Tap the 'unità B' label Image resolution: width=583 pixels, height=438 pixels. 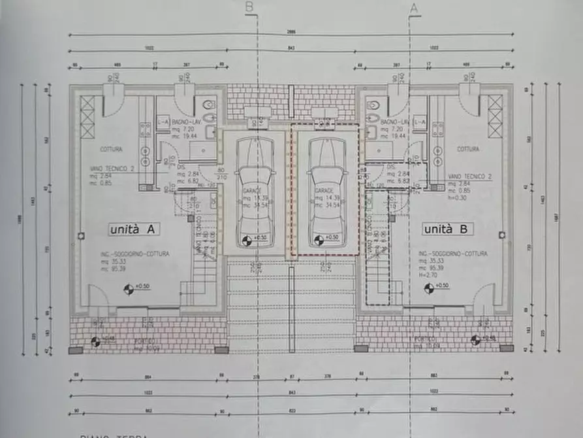point(448,229)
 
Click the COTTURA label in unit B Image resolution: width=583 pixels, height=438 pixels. point(467,149)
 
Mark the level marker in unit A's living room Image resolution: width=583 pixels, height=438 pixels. point(129,287)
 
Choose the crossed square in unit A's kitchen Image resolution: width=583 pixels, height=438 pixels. point(87,116)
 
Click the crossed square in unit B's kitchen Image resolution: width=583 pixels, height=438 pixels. point(495,116)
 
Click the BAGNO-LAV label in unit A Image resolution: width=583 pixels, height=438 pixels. point(183,122)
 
